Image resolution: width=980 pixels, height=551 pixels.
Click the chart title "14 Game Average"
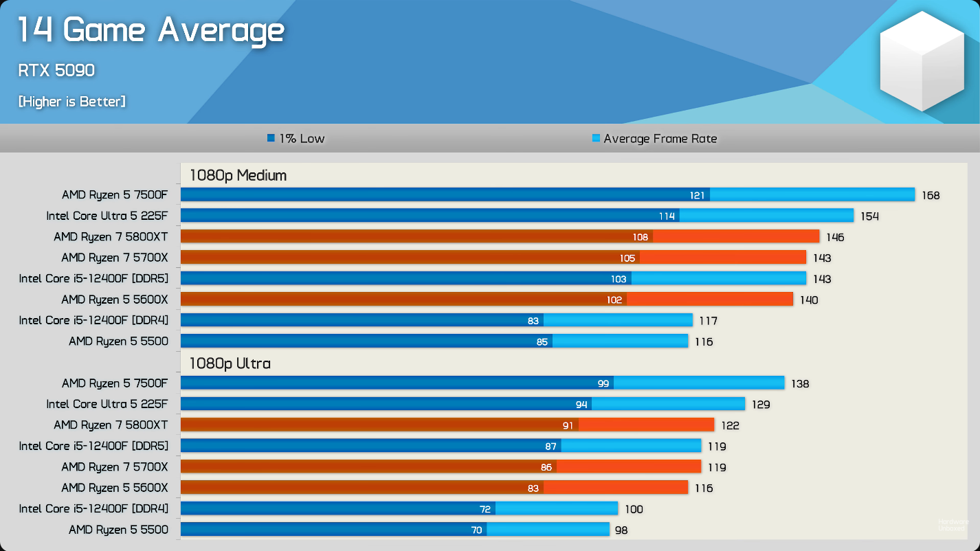coord(151,31)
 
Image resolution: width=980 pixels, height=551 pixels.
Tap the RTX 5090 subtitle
coord(56,70)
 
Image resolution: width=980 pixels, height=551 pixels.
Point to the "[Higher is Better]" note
coord(71,102)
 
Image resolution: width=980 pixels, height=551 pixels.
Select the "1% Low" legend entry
coord(296,139)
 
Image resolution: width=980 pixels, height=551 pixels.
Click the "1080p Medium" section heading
coord(238,175)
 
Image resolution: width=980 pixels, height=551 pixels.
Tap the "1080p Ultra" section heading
coord(230,363)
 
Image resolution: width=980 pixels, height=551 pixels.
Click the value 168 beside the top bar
coord(931,196)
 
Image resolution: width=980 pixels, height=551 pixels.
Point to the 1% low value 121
coord(697,196)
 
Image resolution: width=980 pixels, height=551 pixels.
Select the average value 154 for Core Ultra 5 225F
coord(869,216)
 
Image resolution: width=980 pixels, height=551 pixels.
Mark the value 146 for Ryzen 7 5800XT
coord(835,238)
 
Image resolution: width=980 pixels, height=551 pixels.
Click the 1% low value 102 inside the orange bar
coord(614,300)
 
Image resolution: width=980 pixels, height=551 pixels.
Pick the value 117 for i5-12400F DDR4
coord(708,321)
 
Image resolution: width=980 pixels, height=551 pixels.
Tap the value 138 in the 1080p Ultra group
coord(800,384)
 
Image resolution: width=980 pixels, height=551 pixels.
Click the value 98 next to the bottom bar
coord(621,530)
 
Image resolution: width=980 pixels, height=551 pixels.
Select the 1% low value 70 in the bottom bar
coord(476,530)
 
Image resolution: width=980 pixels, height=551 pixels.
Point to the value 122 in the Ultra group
coord(730,426)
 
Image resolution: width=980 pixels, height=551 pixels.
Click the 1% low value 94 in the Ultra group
coord(581,405)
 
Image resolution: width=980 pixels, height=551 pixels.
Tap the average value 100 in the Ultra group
coord(634,510)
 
